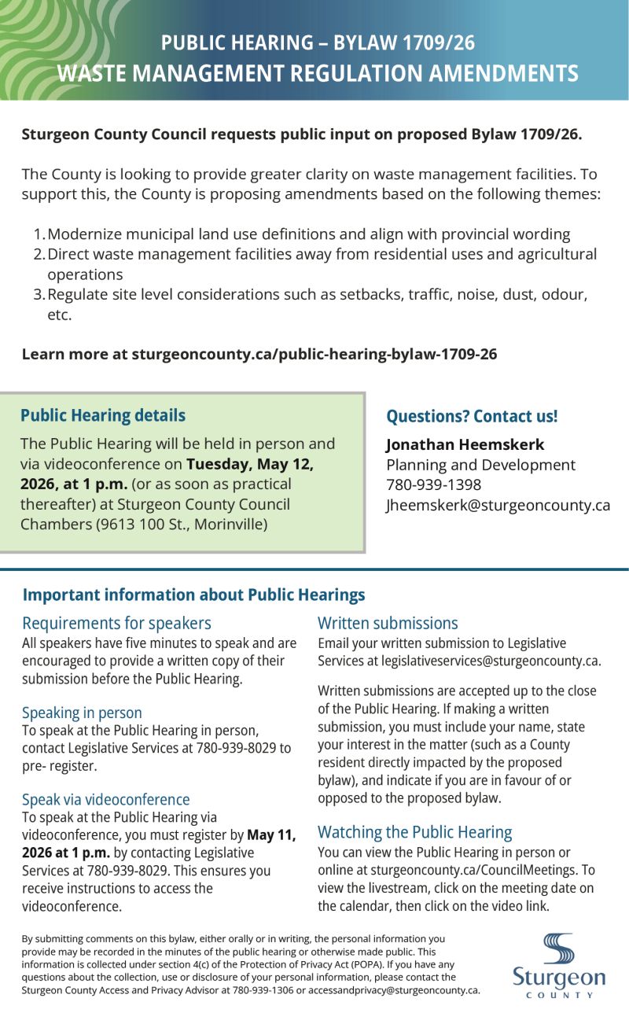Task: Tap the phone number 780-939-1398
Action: tap(433, 484)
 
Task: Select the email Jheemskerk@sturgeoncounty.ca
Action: tap(498, 505)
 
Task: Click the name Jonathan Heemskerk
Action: tap(465, 444)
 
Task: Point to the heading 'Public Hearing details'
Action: tap(103, 415)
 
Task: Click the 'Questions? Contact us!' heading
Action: tap(472, 417)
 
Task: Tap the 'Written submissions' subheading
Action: tap(388, 623)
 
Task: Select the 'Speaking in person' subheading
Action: tap(82, 713)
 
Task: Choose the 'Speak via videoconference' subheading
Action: tap(105, 799)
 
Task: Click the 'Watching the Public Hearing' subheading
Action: tap(414, 832)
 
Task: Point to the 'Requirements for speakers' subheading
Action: tap(116, 623)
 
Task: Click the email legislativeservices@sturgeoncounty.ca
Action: tap(491, 661)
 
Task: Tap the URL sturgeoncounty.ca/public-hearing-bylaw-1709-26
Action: tap(314, 354)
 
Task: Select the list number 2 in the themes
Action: tap(39, 254)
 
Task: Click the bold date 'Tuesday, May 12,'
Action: tap(250, 464)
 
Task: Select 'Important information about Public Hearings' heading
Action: tap(193, 595)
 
